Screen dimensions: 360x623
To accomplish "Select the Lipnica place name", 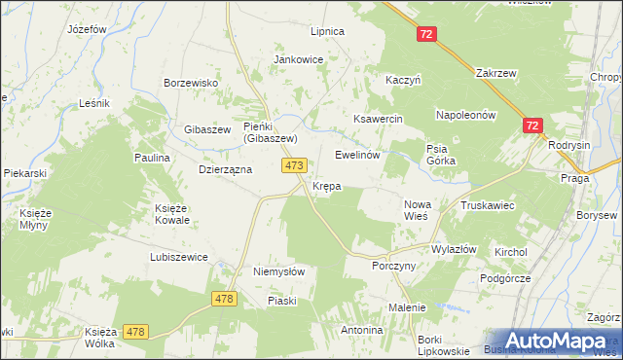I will (x=327, y=31).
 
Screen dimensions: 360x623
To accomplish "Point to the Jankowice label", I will (x=298, y=59).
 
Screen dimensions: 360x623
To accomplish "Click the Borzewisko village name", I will (x=190, y=83).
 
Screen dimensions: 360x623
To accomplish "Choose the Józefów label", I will (x=86, y=29).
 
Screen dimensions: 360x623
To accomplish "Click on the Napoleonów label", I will (x=466, y=114).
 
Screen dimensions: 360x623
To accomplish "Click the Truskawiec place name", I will (x=488, y=205).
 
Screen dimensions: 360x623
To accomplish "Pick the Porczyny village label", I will (x=394, y=265).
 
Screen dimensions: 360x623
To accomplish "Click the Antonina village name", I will (x=361, y=330).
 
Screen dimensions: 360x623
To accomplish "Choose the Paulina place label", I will (x=152, y=157).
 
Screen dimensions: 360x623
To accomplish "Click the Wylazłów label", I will (x=454, y=249).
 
